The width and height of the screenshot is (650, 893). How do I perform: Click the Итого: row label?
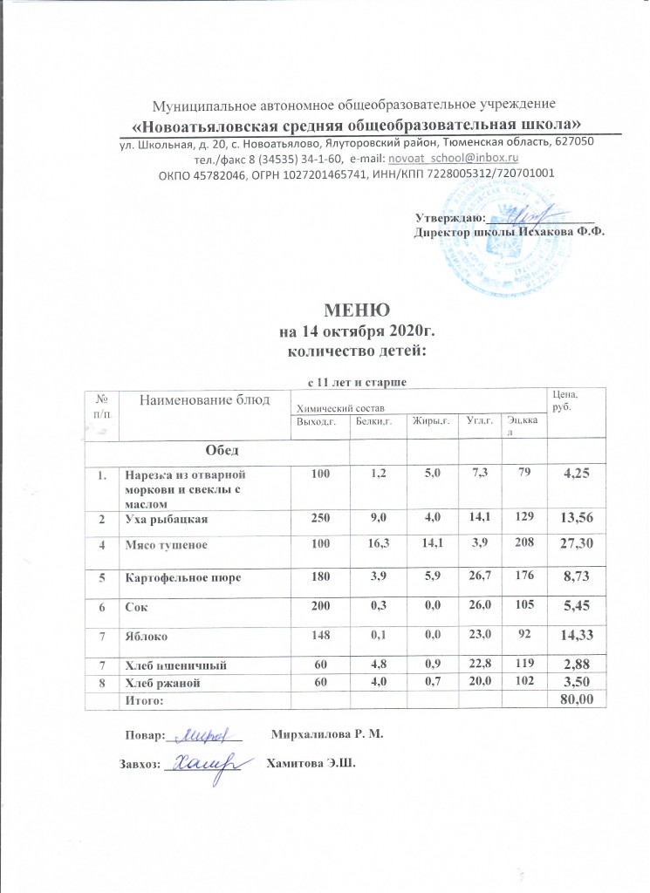point(144,699)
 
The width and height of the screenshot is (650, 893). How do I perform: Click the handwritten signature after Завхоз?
point(209,765)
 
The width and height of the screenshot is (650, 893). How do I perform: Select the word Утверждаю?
point(443,217)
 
